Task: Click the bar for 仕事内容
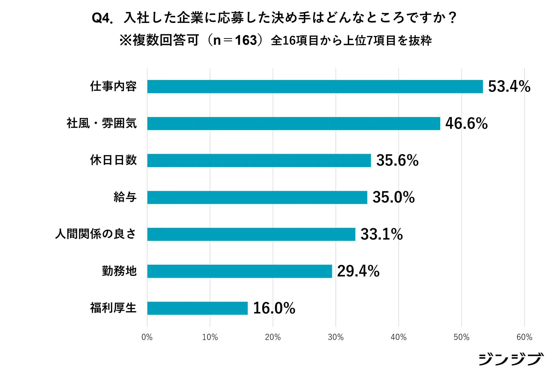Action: (x=315, y=86)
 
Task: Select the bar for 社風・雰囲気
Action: (x=293, y=124)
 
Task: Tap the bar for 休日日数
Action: (x=259, y=161)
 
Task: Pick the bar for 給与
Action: (x=257, y=197)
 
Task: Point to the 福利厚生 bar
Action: (x=197, y=308)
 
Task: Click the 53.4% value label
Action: (x=509, y=86)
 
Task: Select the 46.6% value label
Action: (x=466, y=124)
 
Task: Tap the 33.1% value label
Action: (x=381, y=234)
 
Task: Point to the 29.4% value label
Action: (x=358, y=271)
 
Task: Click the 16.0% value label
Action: (x=274, y=308)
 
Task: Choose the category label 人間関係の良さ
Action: (x=96, y=234)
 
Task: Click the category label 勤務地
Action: (x=119, y=271)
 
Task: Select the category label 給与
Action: (x=125, y=197)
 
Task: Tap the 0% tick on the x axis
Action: (x=147, y=337)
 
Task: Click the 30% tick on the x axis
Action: (x=336, y=337)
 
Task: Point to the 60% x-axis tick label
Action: (x=524, y=337)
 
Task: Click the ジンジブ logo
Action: (x=511, y=359)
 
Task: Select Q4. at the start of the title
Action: (x=102, y=18)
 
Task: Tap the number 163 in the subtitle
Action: (x=246, y=40)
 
